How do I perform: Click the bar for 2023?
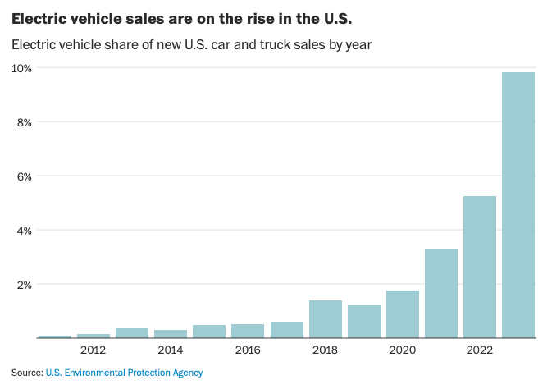coord(518,205)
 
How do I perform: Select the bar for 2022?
coord(480,267)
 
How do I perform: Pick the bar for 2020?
coord(403,313)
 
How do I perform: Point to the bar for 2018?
coord(326,318)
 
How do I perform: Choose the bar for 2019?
coord(364,321)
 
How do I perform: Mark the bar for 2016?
coord(248,331)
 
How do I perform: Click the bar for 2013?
coord(132,332)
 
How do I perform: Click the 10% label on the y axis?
coord(22,68)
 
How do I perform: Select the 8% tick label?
coord(25,122)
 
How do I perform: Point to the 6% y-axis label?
coord(25,176)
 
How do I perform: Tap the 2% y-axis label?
coord(25,285)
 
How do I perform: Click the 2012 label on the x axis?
coord(93,350)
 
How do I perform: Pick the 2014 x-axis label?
coord(171,350)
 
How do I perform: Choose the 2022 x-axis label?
coord(480,350)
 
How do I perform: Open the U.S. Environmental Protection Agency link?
coord(124,373)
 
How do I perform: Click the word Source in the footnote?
coord(26,373)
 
